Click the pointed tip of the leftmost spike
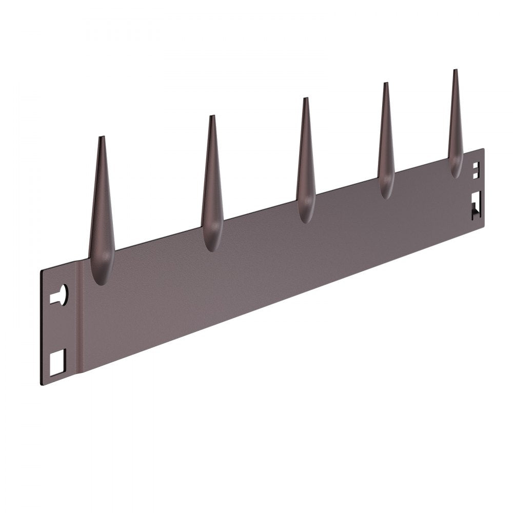click(102, 137)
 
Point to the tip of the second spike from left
click(212, 116)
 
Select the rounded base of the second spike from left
click(211, 244)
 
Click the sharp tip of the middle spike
click(305, 98)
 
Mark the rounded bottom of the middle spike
click(306, 215)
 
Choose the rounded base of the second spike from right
click(386, 191)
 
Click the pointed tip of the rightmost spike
click(455, 70)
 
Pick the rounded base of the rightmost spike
click(456, 170)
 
